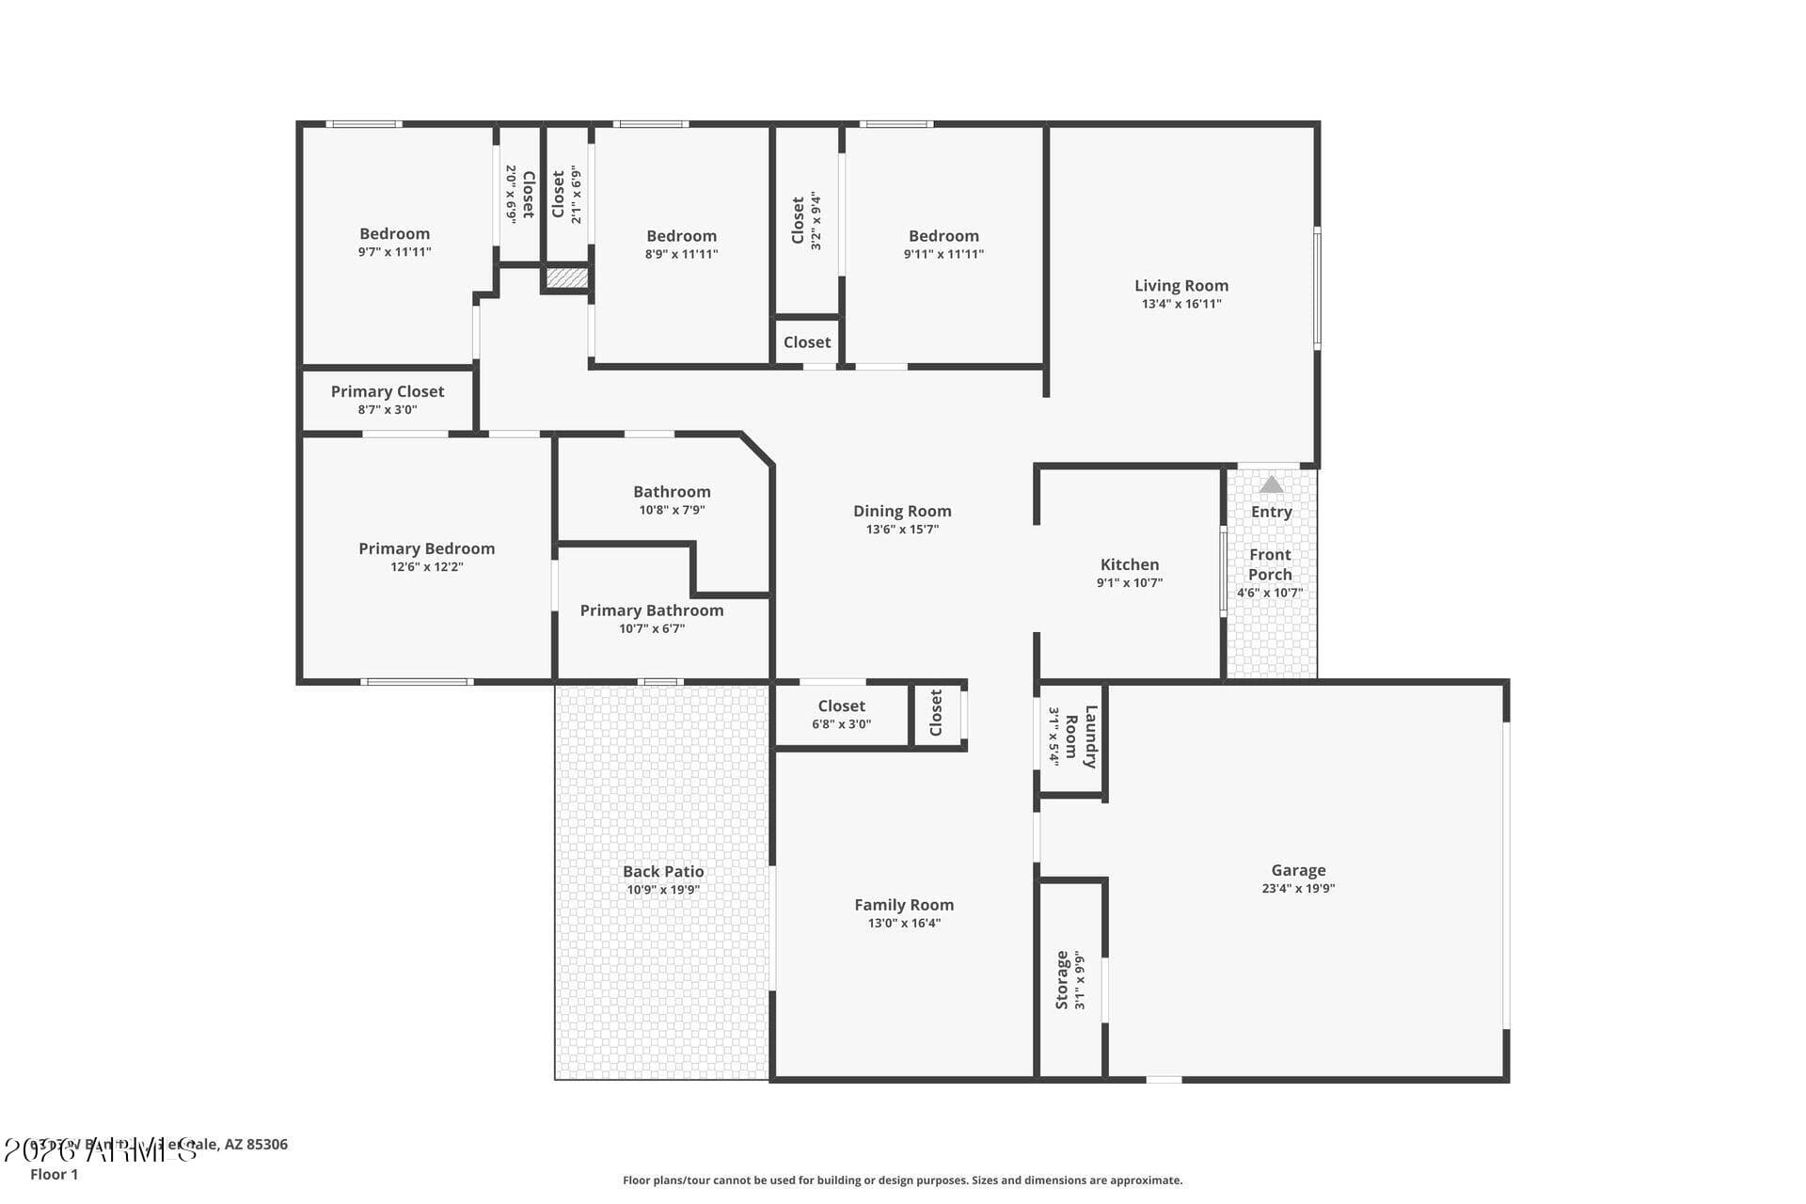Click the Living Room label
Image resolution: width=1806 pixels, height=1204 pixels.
(x=1180, y=286)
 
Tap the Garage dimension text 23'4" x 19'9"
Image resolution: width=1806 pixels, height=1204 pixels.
(x=1298, y=889)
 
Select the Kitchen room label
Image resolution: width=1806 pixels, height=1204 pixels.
(x=1129, y=564)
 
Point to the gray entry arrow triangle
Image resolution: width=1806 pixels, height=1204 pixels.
(x=1271, y=485)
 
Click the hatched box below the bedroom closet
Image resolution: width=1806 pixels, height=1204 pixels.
(x=567, y=277)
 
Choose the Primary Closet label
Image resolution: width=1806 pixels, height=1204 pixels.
(x=387, y=391)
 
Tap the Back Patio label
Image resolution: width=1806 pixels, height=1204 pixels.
(x=663, y=872)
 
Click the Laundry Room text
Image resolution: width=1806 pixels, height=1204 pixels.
(x=1081, y=737)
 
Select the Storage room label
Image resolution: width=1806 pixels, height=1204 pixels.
(x=1062, y=980)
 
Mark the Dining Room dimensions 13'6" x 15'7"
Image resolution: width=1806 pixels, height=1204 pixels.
(x=902, y=530)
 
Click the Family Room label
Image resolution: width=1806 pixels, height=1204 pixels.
(x=903, y=905)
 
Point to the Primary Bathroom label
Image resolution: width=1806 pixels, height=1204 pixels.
(x=651, y=610)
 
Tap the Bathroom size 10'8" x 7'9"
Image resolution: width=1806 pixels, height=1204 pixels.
(x=672, y=510)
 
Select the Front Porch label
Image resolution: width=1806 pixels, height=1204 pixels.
(x=1270, y=564)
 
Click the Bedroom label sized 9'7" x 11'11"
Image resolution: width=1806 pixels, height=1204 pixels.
(x=394, y=234)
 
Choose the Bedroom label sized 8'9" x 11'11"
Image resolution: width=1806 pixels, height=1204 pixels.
(x=681, y=236)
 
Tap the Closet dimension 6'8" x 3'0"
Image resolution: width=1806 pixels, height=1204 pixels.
(x=841, y=724)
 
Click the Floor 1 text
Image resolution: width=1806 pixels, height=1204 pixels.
(x=54, y=1175)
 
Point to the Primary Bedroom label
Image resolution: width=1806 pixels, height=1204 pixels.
(x=426, y=548)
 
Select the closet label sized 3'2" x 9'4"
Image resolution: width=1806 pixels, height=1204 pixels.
(x=799, y=220)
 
